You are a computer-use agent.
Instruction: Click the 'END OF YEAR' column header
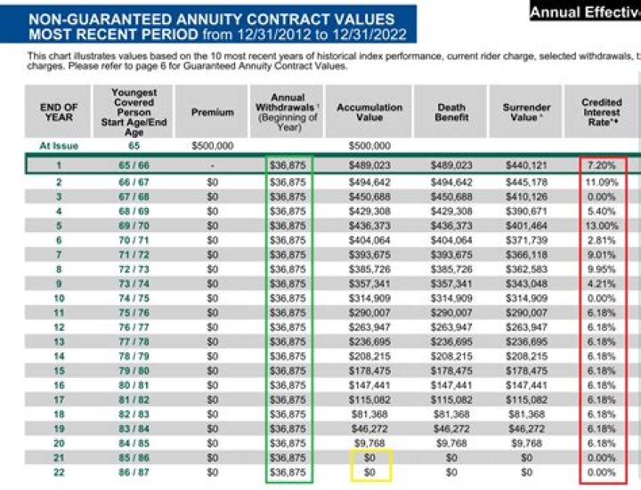click(x=59, y=112)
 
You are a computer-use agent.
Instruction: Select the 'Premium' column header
click(x=212, y=113)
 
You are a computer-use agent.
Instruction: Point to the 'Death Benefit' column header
click(x=451, y=112)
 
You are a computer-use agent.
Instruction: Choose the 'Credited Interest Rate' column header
click(x=601, y=112)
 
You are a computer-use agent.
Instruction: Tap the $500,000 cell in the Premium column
click(x=212, y=146)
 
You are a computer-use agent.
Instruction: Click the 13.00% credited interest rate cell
click(x=601, y=226)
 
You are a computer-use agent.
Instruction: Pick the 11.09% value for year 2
click(x=601, y=182)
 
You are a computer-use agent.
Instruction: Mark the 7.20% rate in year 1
click(x=601, y=165)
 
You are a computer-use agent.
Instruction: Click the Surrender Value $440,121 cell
click(x=526, y=165)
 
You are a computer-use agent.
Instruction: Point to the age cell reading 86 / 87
click(x=134, y=471)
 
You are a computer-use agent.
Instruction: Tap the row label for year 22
click(x=59, y=471)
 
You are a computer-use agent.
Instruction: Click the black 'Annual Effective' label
click(x=584, y=12)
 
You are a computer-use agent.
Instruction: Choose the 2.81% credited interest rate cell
click(x=601, y=240)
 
